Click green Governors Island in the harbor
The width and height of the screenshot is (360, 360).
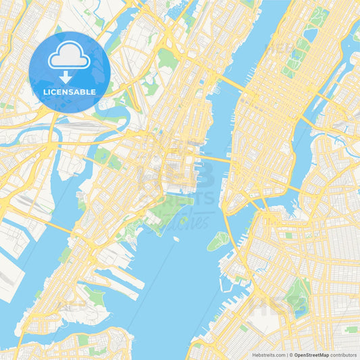217,240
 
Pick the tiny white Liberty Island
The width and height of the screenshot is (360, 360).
175,238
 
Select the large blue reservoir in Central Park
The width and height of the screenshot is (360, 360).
310,34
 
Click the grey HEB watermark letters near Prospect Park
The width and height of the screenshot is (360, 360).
278,305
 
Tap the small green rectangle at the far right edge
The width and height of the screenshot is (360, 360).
351,330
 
